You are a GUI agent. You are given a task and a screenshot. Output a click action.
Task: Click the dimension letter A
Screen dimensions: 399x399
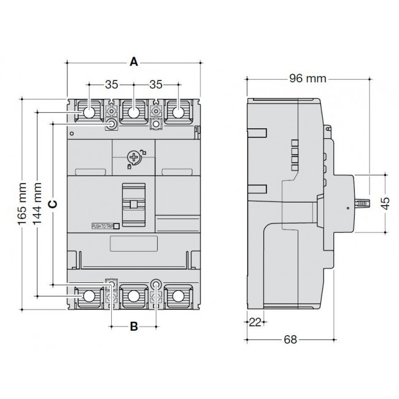point(134,62)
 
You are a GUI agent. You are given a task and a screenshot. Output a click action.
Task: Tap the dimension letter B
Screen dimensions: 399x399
point(134,327)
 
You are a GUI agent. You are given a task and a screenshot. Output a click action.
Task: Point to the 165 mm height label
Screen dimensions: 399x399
point(23,203)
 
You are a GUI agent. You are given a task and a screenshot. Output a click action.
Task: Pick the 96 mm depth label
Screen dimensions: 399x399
point(307,79)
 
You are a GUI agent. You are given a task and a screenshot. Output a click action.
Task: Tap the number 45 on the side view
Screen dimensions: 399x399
point(385,203)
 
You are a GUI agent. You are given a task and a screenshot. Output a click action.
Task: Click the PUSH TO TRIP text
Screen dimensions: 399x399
point(101,226)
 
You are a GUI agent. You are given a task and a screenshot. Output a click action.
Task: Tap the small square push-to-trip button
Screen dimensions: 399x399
point(117,226)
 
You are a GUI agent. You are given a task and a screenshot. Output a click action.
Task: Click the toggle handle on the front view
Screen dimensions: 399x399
point(133,203)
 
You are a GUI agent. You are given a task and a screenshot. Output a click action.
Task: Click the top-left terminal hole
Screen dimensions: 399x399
point(89,112)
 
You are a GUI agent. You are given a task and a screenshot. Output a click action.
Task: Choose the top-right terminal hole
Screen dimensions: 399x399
point(178,112)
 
